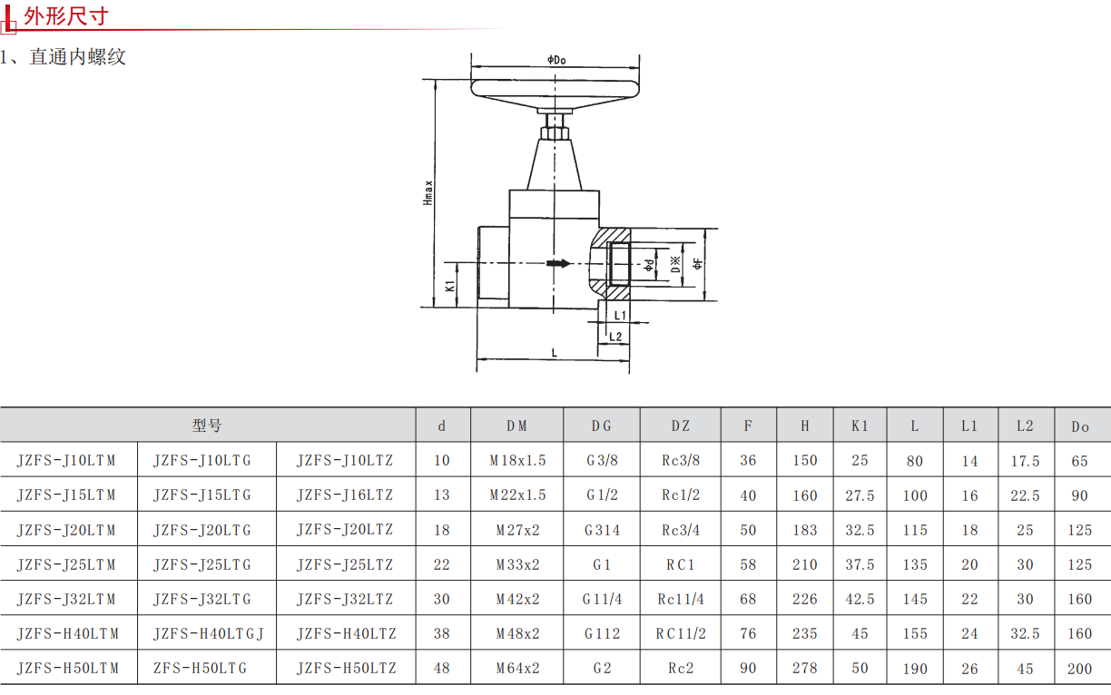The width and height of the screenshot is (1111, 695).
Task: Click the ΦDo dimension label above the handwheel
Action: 556,60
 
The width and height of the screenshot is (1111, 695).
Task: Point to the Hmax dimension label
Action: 428,193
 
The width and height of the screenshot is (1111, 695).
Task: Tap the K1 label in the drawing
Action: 450,286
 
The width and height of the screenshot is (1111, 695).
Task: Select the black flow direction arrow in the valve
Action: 558,263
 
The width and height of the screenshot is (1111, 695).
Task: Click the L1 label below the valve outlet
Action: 620,315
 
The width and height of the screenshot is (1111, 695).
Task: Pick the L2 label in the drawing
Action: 615,337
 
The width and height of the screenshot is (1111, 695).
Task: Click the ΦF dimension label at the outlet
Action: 697,263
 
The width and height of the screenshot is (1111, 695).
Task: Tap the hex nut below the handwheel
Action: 555,132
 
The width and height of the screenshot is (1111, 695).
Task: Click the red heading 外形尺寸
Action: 66,16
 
